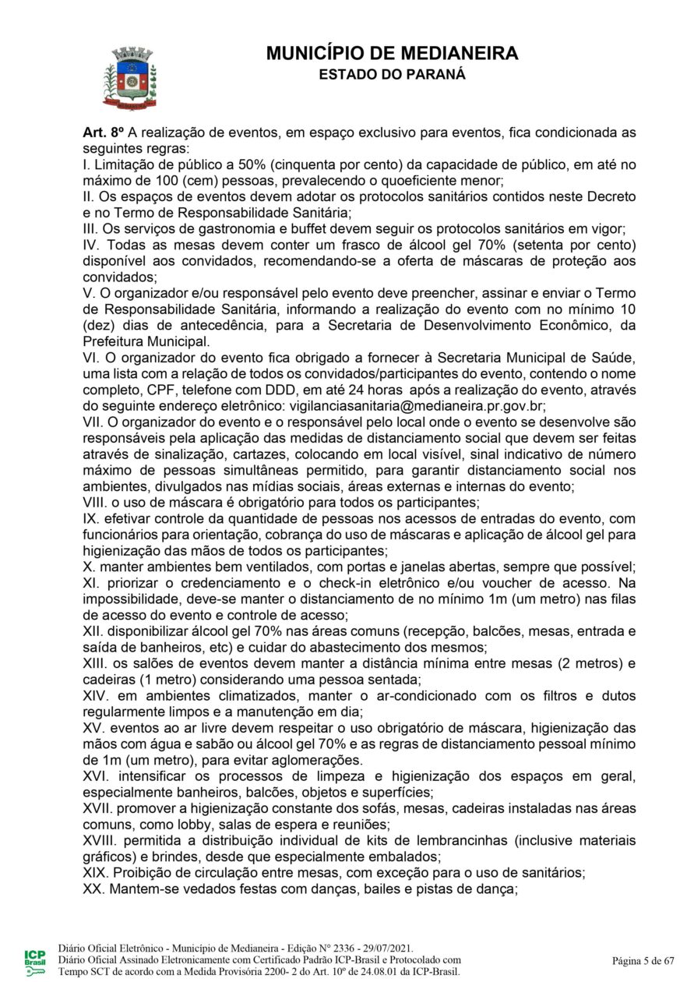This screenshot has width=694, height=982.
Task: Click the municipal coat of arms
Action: [x=130, y=77]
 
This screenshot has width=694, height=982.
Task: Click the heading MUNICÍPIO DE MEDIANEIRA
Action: [x=392, y=54]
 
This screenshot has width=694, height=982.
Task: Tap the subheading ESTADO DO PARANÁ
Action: [x=392, y=75]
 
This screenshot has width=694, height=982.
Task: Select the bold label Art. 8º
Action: [x=104, y=132]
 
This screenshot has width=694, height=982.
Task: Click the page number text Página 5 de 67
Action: [x=643, y=960]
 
